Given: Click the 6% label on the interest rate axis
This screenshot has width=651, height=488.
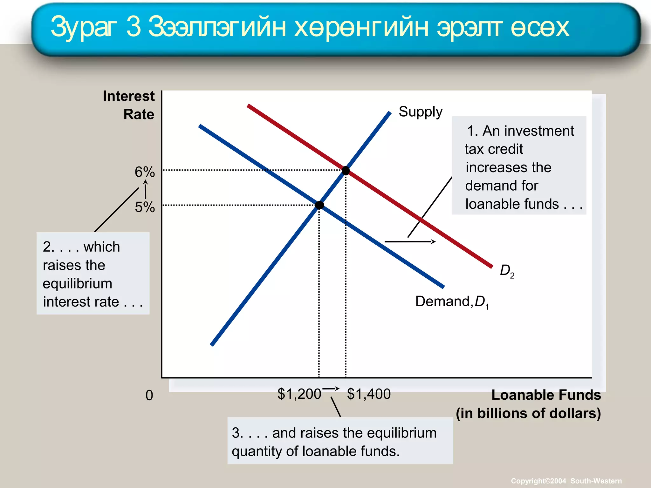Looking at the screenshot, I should tap(145, 172).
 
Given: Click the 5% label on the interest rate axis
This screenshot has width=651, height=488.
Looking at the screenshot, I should tap(145, 207).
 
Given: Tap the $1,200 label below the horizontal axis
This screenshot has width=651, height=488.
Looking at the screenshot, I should tap(299, 394).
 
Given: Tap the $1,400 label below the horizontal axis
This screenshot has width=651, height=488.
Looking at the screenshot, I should tap(369, 394).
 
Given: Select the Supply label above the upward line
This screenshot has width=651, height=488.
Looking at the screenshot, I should tap(420, 112).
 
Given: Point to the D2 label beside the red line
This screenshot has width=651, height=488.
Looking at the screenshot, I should tap(507, 271).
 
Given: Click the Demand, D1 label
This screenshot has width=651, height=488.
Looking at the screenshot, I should tap(452, 302).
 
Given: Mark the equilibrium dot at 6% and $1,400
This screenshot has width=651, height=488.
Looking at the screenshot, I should tap(346, 171).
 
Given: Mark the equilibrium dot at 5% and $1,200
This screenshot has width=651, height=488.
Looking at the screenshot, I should tap(319, 205).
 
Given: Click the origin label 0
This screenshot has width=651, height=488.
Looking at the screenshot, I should tap(149, 396).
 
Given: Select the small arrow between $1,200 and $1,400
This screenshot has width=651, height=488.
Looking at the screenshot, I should tap(331, 389).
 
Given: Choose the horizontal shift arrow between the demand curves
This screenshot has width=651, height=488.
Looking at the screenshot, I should tap(410, 242).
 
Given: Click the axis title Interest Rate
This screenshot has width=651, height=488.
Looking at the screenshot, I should tap(129, 105).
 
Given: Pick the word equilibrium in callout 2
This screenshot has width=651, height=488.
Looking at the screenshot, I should tap(77, 283).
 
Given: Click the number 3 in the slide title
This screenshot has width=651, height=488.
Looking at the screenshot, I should tap(133, 27).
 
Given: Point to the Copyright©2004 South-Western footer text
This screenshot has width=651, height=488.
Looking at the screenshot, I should tap(566, 481).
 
